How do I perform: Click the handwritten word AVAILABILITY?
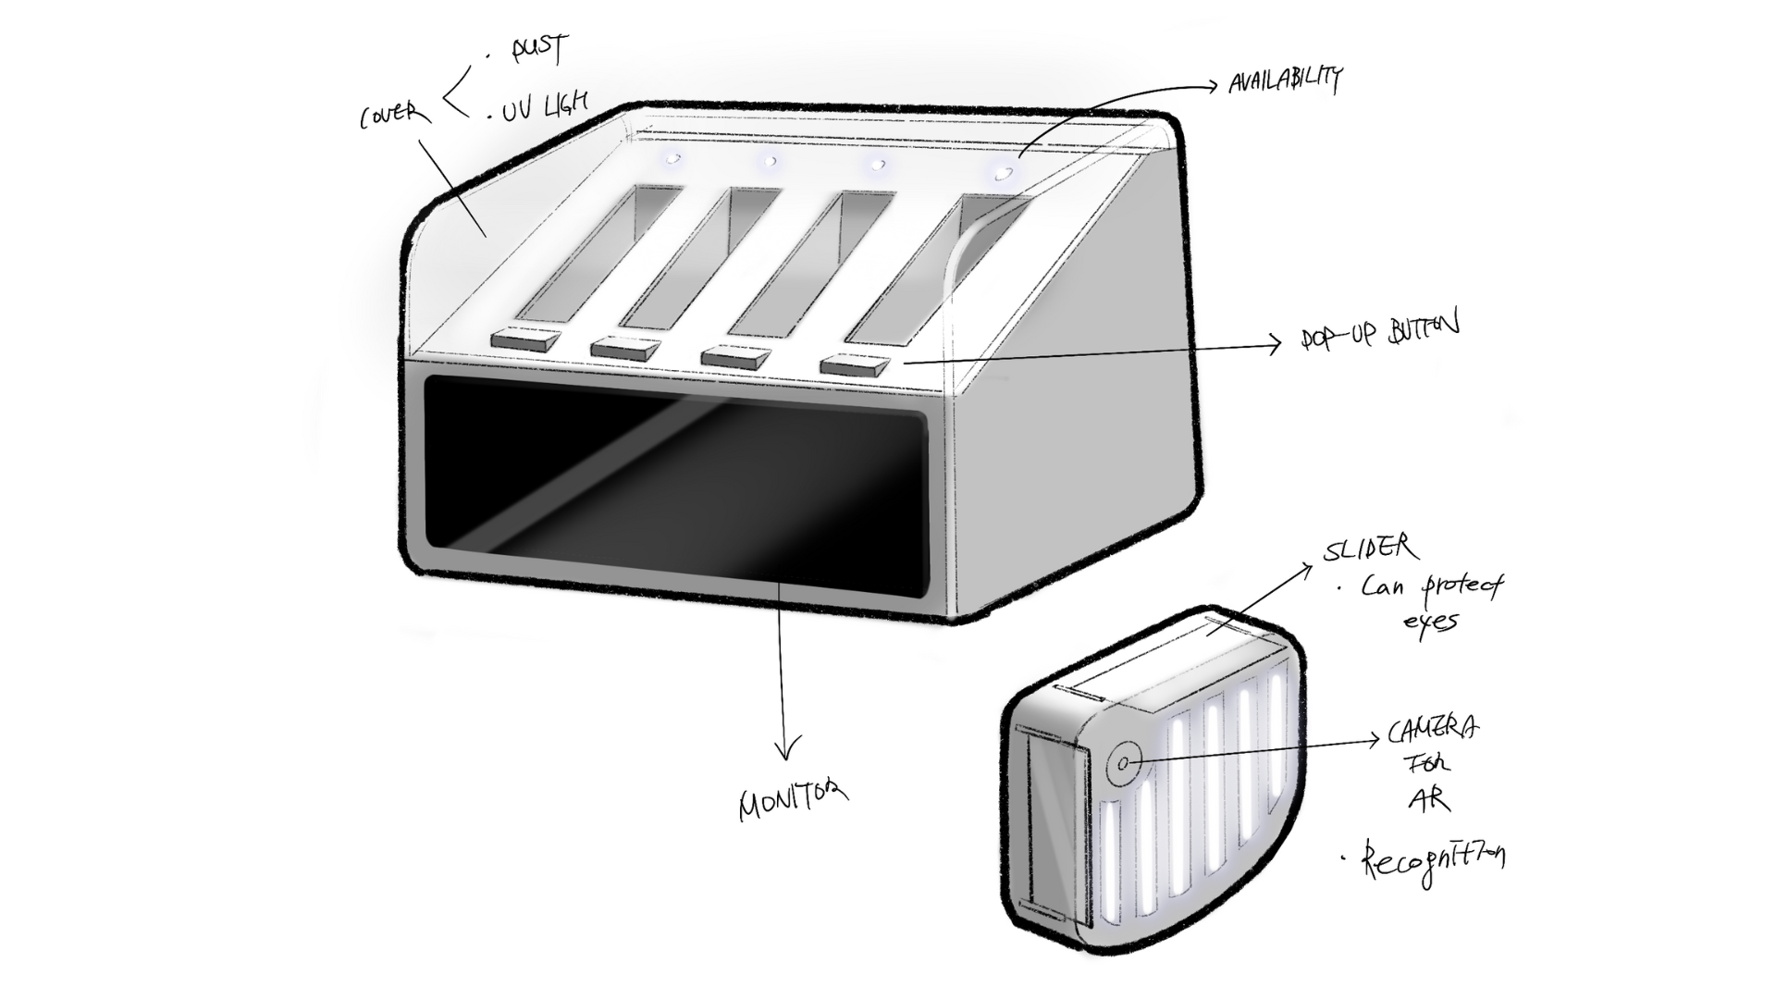(x=1284, y=80)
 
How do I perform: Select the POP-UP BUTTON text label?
(x=1379, y=332)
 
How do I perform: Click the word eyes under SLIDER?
(x=1429, y=621)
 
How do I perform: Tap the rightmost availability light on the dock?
(x=1002, y=172)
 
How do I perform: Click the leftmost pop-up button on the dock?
(x=525, y=339)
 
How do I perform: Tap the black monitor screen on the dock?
(x=675, y=486)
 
